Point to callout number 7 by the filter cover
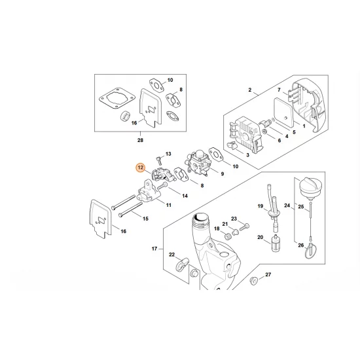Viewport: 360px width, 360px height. tap(278, 90)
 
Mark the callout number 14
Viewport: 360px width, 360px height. tap(185, 195)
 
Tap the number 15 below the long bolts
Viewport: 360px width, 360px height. tap(145, 219)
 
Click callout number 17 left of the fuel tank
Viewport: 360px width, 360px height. tap(154, 249)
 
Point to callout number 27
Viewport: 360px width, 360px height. tap(267, 275)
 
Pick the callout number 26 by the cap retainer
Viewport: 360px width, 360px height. tap(300, 245)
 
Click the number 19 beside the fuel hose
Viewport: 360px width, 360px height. tap(259, 207)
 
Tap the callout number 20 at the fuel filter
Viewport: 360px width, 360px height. tap(260, 237)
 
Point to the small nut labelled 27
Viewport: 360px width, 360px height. tap(251, 282)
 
